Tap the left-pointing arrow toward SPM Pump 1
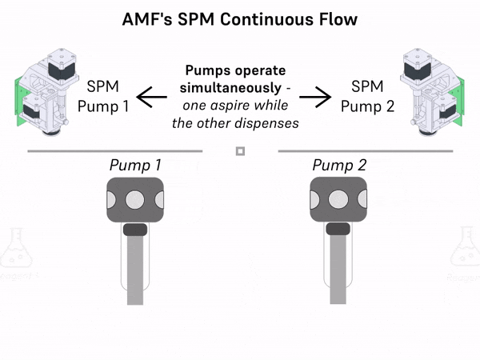point(151,97)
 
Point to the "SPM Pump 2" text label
point(373,96)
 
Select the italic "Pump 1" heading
point(135,166)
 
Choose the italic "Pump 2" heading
point(339,166)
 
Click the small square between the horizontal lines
point(240,150)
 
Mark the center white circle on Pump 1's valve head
point(135,198)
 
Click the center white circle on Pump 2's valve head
point(339,198)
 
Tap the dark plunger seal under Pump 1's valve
point(135,230)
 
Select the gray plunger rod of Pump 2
point(339,268)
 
